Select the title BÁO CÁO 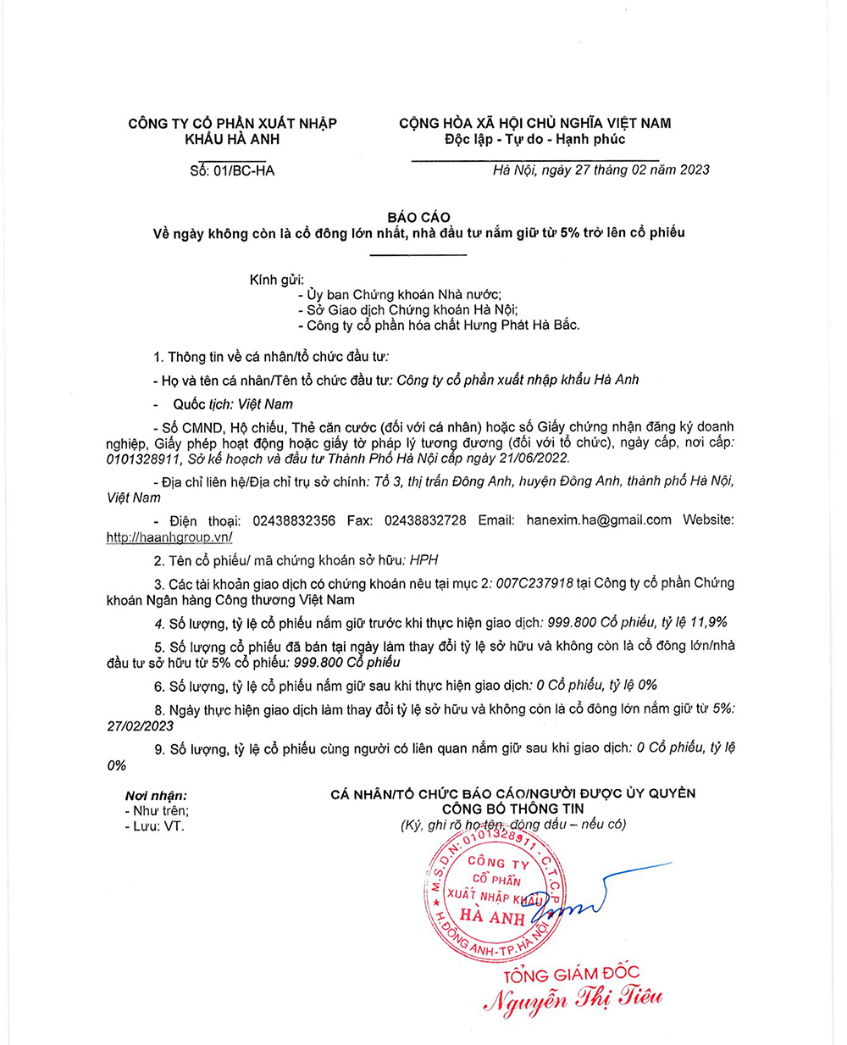418,217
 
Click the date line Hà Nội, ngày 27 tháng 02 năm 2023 601,170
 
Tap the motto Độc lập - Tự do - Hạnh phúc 534,139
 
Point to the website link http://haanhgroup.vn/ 169,537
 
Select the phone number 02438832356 294,520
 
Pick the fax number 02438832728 424,520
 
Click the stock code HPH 423,560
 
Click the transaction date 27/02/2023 140,726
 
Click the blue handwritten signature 593,898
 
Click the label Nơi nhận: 156,796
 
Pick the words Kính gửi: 276,280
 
